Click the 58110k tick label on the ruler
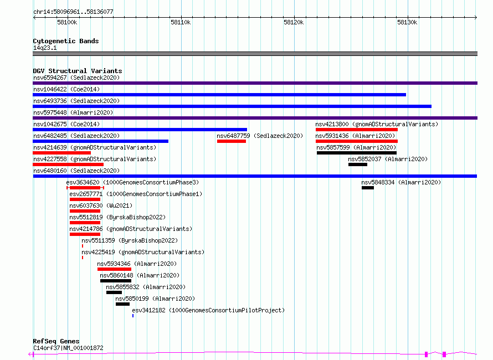pyautogui.click(x=181, y=22)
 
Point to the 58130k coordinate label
pyautogui.click(x=407, y=22)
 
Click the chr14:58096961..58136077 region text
pyautogui.click(x=73, y=12)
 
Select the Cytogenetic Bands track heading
pyautogui.click(x=66, y=41)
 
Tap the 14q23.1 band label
pyautogui.click(x=45, y=48)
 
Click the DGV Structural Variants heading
pyautogui.click(x=78, y=71)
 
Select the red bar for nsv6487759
pyautogui.click(x=232, y=141)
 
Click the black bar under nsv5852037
pyautogui.click(x=358, y=164)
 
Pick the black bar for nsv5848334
pyautogui.click(x=368, y=188)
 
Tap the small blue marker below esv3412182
pyautogui.click(x=133, y=316)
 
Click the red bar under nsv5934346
pyautogui.click(x=114, y=269)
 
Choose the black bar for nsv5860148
pyautogui.click(x=116, y=281)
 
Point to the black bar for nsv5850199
pyautogui.click(x=122, y=304)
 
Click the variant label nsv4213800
pyautogui.click(x=332, y=124)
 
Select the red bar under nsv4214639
pyautogui.click(x=61, y=153)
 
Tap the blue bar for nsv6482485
pyautogui.click(x=101, y=141)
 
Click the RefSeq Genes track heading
pyautogui.click(x=57, y=341)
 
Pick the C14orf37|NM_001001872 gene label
pyautogui.click(x=68, y=348)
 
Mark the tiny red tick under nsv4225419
pyautogui.click(x=83, y=258)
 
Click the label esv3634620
pyautogui.click(x=83, y=182)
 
